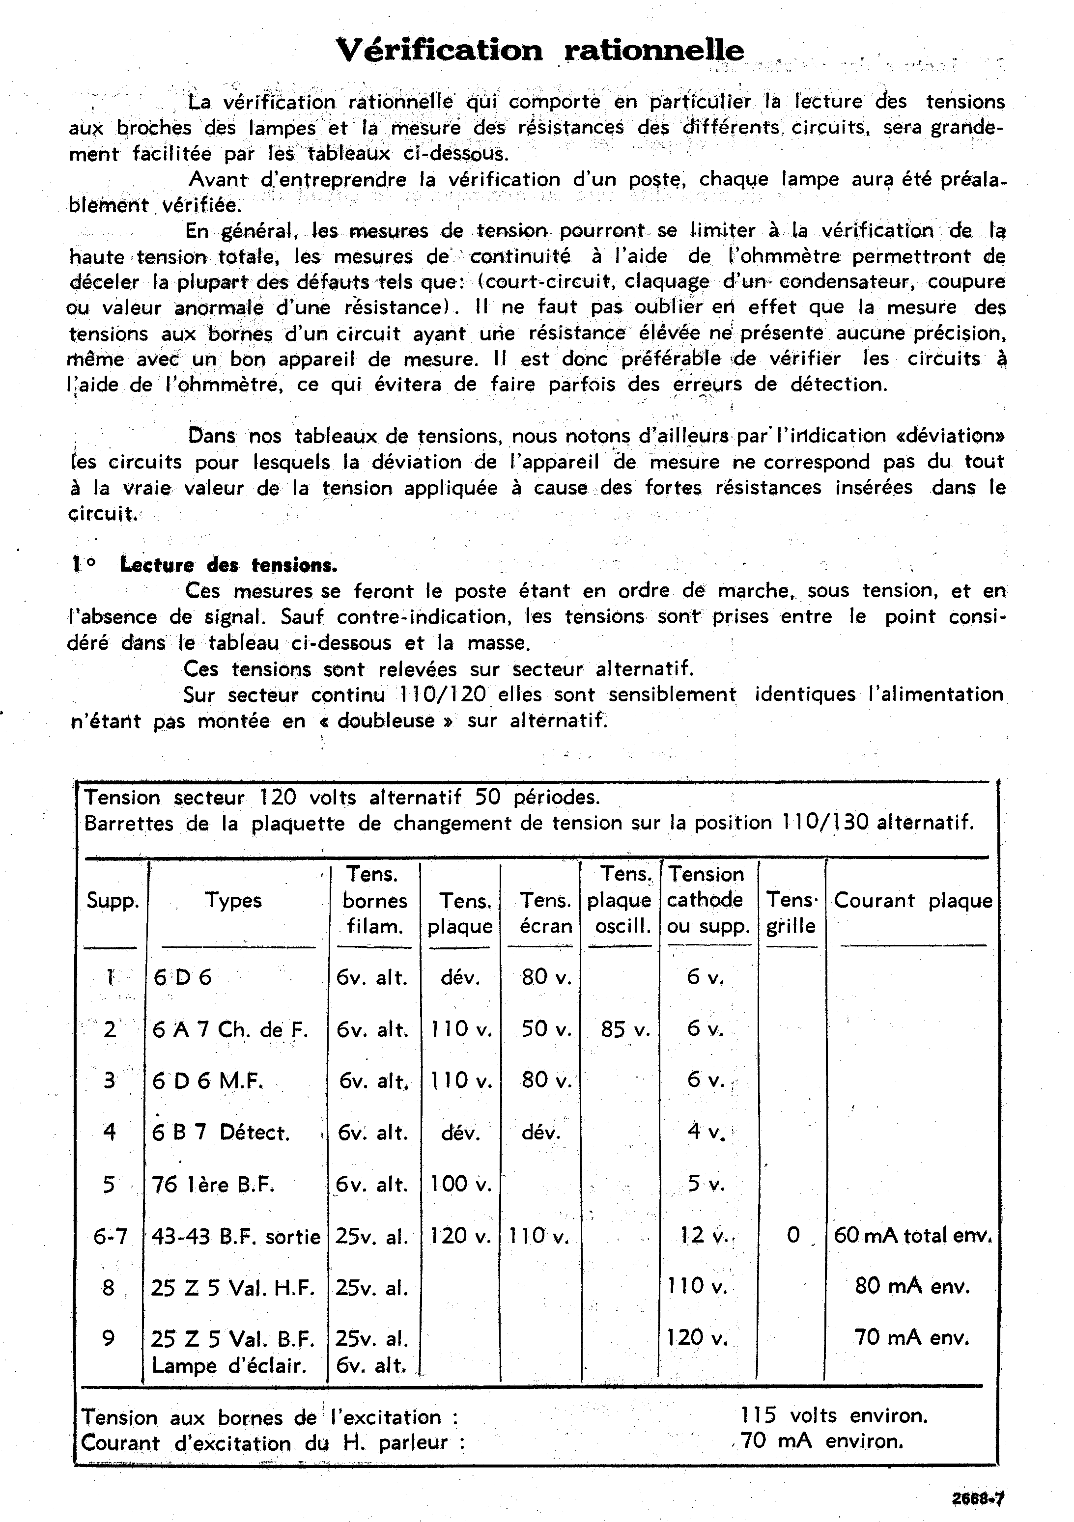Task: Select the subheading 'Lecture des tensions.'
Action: point(228,565)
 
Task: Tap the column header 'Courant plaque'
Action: point(912,900)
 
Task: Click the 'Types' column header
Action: point(233,900)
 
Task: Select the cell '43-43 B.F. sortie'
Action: point(236,1236)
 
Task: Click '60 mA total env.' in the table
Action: point(912,1236)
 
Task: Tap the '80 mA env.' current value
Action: point(912,1287)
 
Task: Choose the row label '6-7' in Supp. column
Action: point(110,1236)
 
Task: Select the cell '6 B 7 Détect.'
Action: point(221,1133)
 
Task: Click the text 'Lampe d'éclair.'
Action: point(229,1365)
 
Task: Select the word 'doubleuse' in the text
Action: point(386,720)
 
